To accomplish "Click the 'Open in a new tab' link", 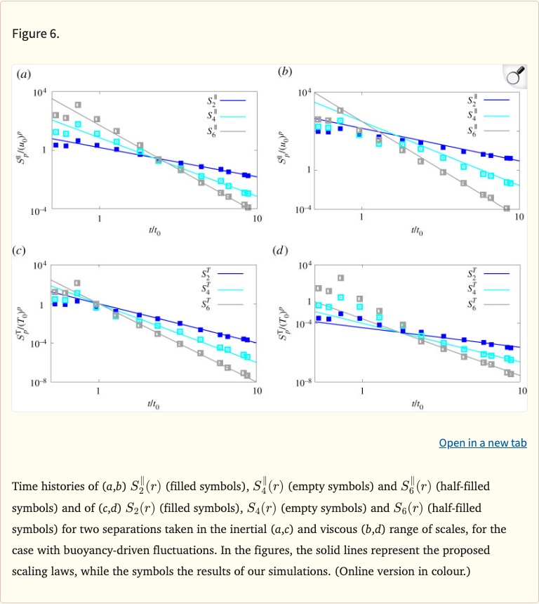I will [482, 442].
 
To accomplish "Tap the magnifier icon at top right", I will [515, 77].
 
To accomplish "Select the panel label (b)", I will [285, 72].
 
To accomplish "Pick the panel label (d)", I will [281, 249].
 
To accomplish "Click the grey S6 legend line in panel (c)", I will [234, 304].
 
